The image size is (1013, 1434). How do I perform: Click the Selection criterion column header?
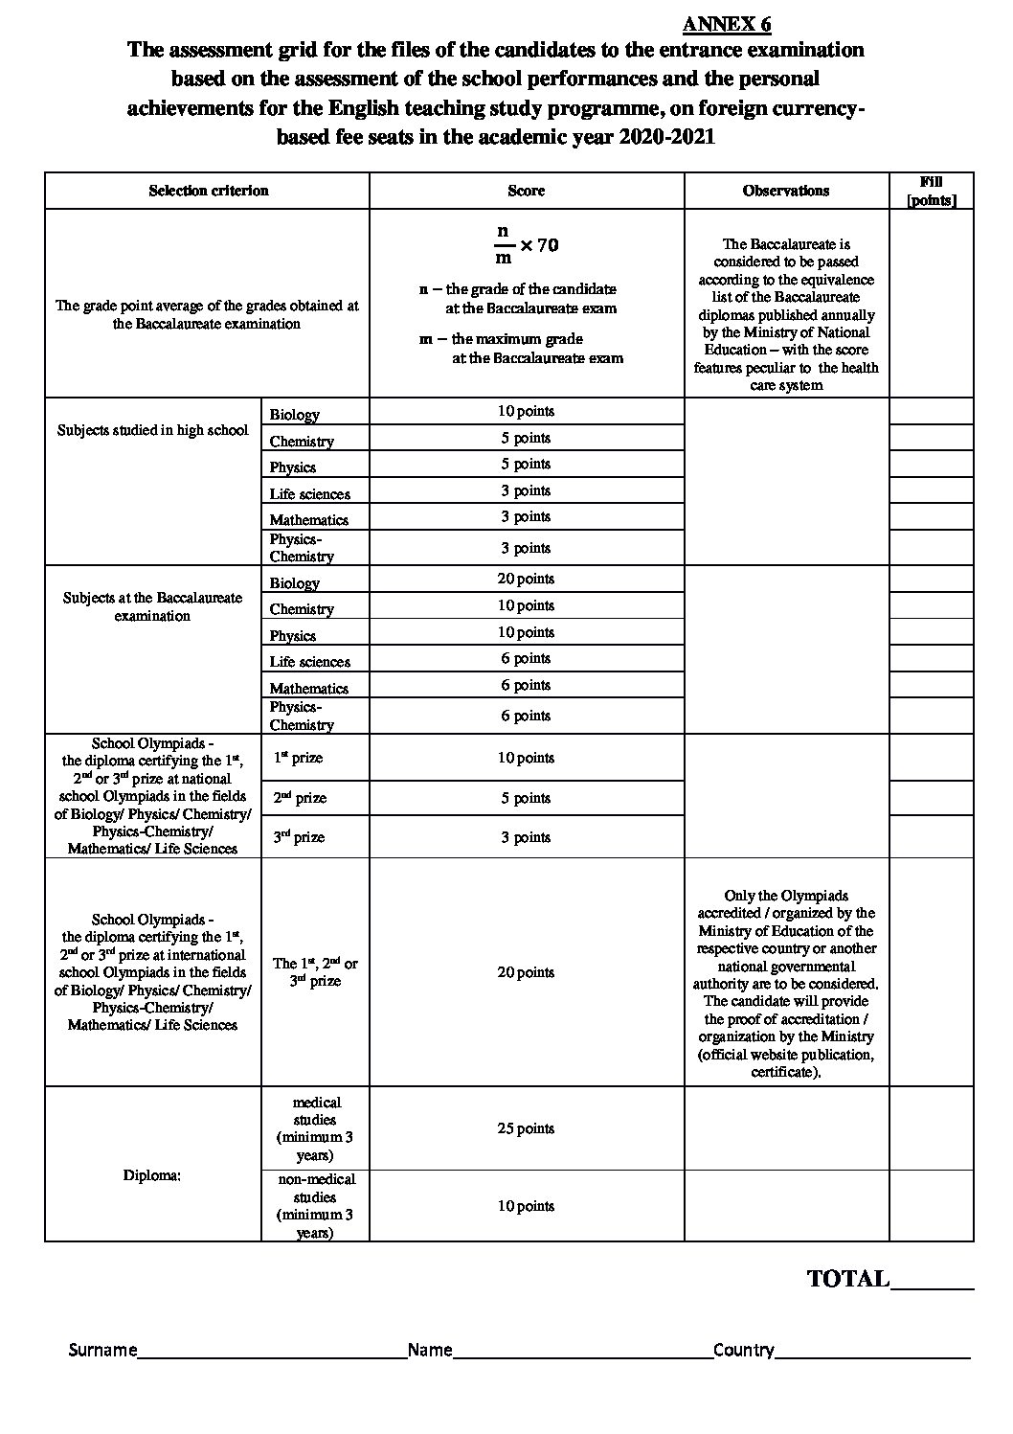coord(208,191)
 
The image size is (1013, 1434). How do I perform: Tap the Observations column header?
coord(785,191)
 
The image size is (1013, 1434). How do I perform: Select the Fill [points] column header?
coord(931,191)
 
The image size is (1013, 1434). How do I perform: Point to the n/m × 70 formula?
coord(526,244)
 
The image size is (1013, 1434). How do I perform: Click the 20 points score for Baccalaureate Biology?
coord(526,579)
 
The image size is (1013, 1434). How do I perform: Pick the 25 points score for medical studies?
coord(526,1128)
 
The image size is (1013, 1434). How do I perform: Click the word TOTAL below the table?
coord(848,1278)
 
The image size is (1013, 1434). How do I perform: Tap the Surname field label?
coord(102,1350)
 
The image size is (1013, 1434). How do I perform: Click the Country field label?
coord(743,1350)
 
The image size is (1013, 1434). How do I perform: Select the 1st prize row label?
coord(298,758)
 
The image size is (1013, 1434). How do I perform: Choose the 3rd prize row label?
coord(298,837)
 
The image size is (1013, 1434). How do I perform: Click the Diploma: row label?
coord(152,1175)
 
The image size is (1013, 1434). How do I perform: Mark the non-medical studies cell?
coord(315,1206)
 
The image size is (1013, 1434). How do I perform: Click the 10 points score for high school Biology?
coord(526,411)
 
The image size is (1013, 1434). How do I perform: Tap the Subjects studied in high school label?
coord(152,430)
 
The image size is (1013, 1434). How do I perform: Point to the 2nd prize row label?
coord(298,798)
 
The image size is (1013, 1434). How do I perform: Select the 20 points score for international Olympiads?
coord(526,972)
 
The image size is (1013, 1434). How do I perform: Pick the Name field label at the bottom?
coord(429,1350)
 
